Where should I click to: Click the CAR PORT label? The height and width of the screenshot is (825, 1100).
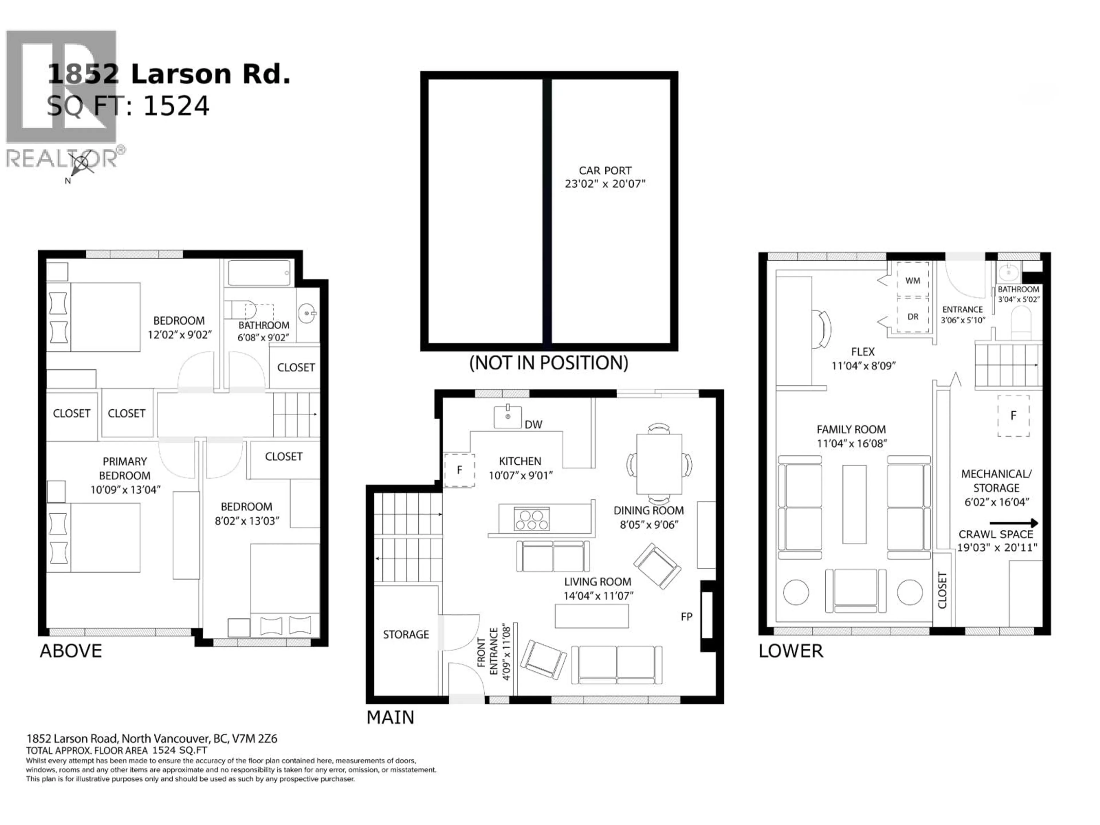pos(605,170)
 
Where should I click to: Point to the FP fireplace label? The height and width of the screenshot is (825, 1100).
pos(686,617)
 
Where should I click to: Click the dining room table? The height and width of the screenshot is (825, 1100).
pos(659,463)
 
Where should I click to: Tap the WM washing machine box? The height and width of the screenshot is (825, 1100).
pos(913,280)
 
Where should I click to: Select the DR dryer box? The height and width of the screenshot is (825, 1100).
pos(913,316)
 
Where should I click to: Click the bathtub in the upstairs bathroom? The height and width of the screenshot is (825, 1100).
pos(259,273)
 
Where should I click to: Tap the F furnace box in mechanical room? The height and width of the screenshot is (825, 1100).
pos(1013,416)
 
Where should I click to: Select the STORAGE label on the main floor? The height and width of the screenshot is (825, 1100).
pos(406,635)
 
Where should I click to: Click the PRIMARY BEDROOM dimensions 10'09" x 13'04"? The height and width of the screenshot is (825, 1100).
pos(125,490)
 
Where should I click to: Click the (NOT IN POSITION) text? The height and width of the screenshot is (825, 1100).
pos(549,363)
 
